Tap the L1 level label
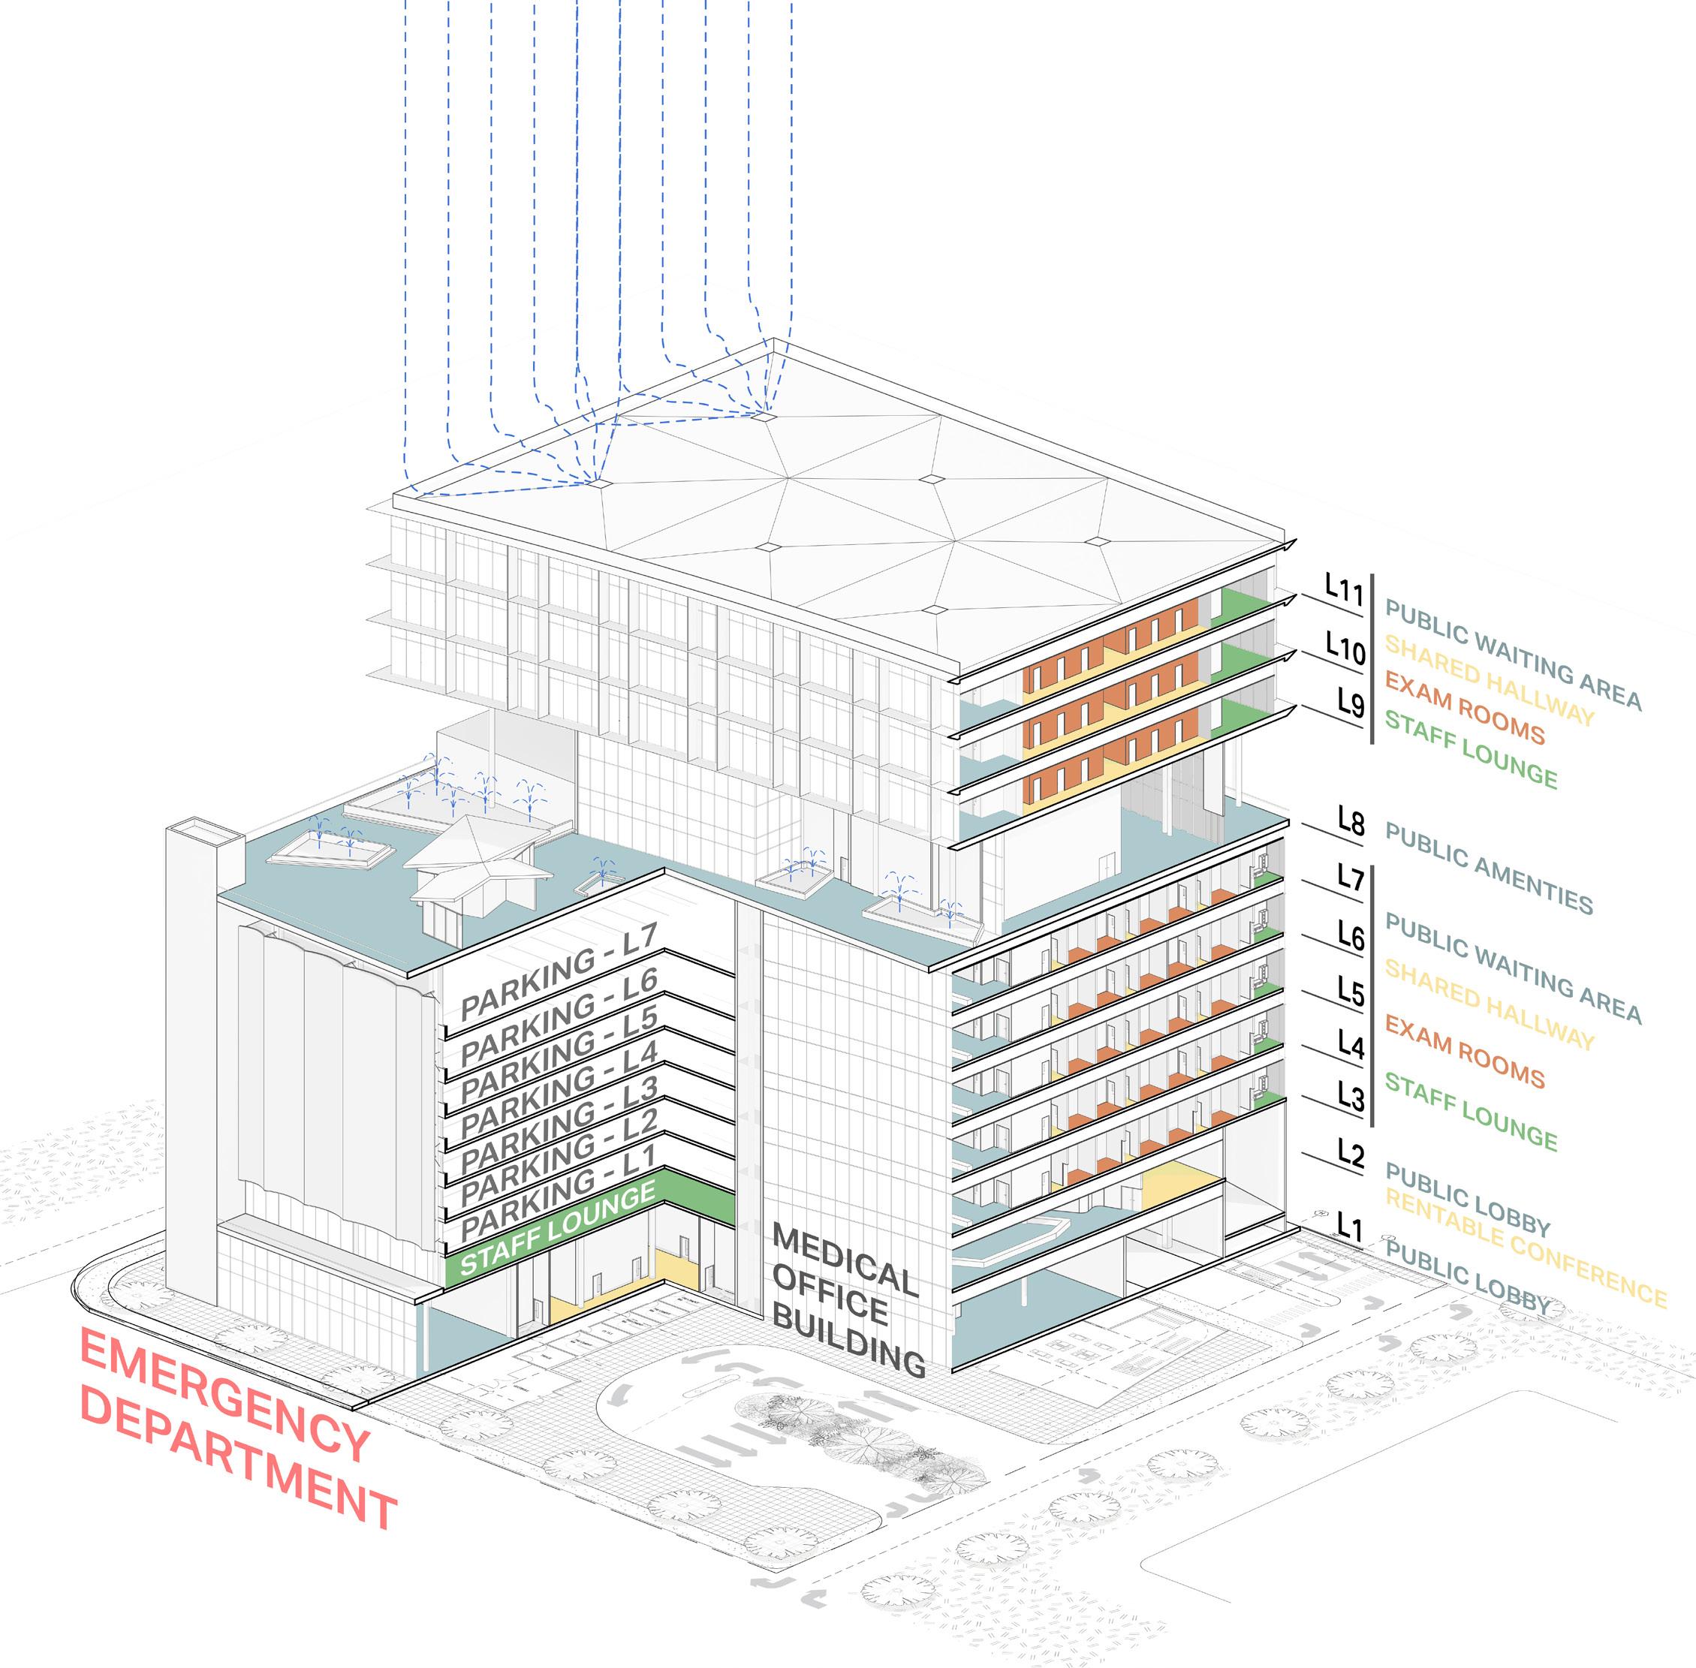1350,1227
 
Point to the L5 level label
1350,992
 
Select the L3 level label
1350,1096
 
